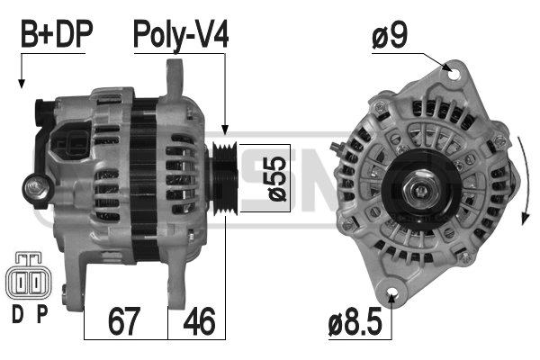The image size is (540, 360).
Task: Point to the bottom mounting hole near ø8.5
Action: (393, 294)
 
